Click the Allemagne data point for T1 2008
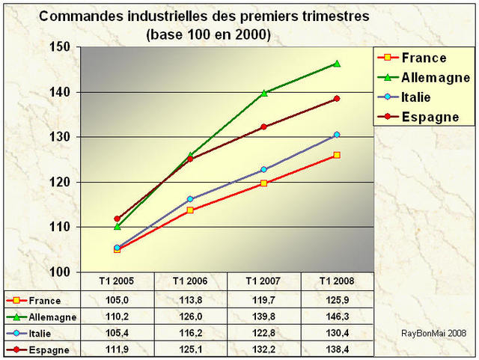337,64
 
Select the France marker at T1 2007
264,183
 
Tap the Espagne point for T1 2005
117,219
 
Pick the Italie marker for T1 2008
337,135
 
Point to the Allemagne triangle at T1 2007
264,93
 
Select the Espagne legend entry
430,118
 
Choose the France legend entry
424,58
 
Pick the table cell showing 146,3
337,316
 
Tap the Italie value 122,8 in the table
264,333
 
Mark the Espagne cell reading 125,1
190,350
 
